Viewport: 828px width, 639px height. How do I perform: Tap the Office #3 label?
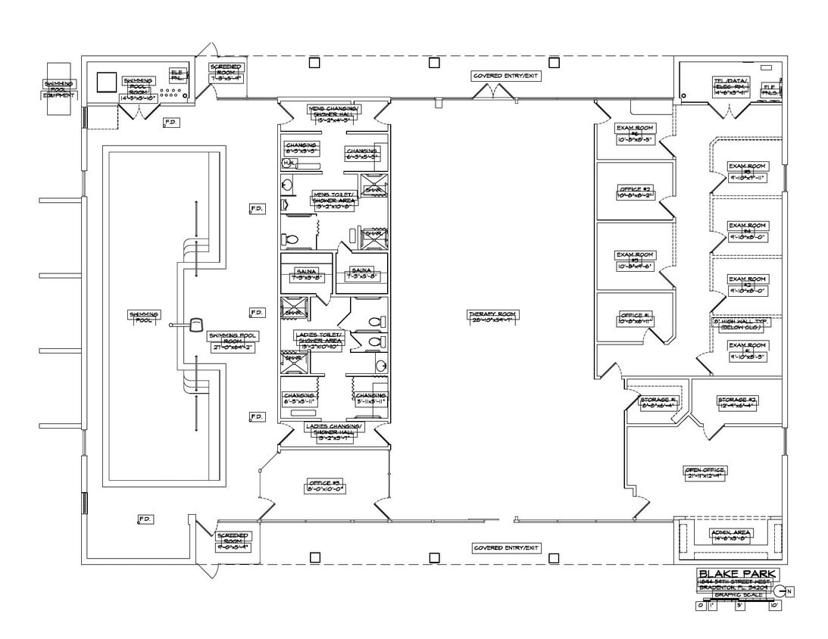click(326, 485)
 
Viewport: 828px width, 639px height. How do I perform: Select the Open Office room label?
click(705, 472)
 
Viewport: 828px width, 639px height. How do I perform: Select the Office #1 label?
click(635, 319)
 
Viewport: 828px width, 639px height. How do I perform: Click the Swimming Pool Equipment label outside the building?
click(59, 89)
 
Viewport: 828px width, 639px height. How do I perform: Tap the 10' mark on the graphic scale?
click(773, 606)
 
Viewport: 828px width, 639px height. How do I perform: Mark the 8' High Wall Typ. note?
click(741, 324)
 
